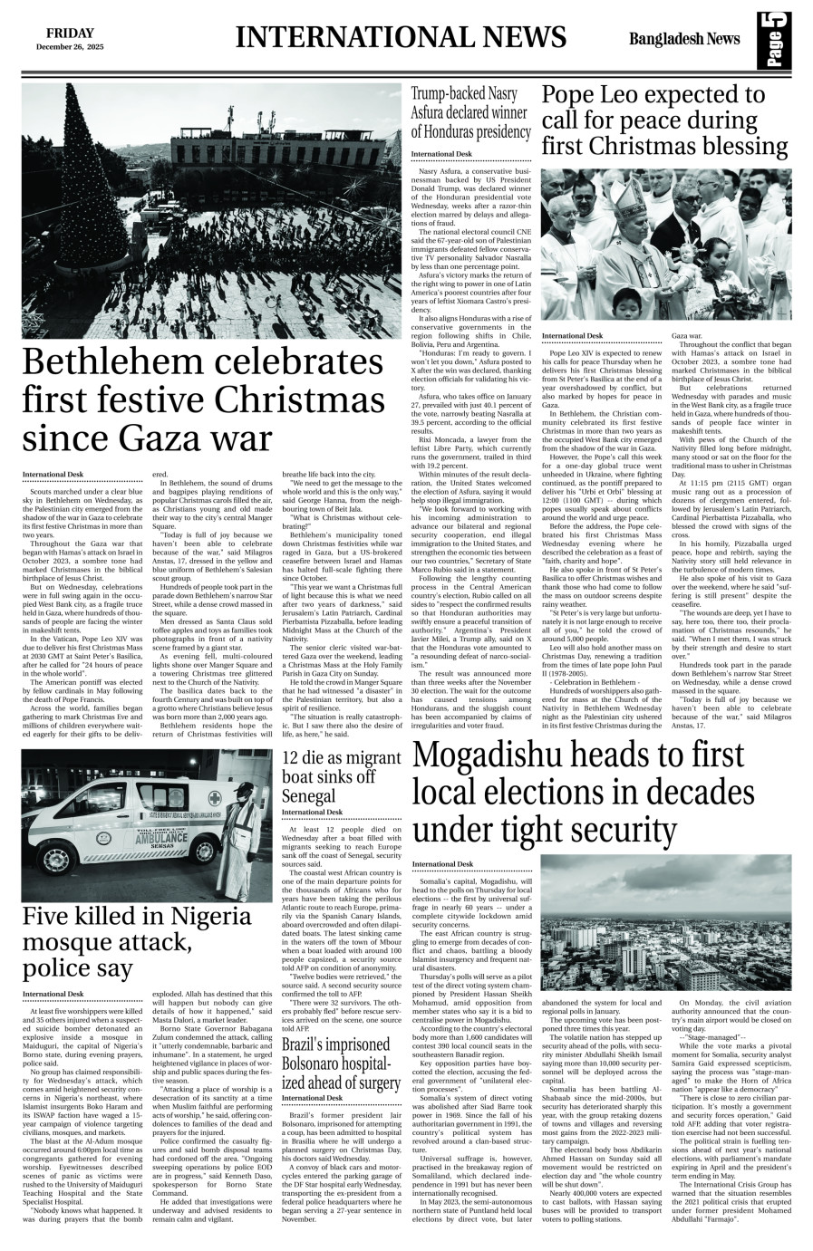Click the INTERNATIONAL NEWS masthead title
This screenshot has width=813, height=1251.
coord(401,37)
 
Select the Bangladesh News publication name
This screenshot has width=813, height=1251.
coord(685,39)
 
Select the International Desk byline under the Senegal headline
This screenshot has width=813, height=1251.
coord(313,813)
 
